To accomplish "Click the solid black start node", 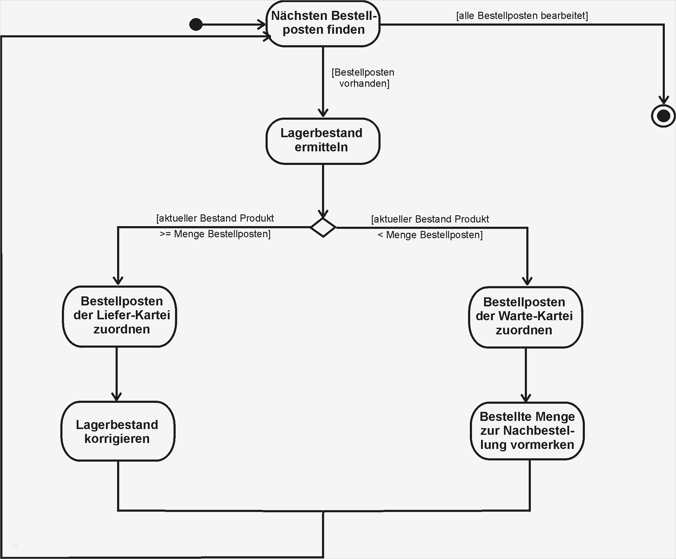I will pos(196,24).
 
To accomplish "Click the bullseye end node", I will pos(663,116).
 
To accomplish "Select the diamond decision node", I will pos(323,227).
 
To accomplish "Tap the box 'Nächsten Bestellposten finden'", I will pos(323,23).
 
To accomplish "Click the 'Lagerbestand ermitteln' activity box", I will pos(323,141).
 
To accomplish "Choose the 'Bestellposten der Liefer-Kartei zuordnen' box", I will pos(120,316).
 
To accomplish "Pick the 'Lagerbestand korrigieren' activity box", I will pos(118,431).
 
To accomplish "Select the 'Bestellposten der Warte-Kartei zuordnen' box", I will pos(525,317).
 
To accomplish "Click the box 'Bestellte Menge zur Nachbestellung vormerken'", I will pos(527,431).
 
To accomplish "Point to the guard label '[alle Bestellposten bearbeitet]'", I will pos(522,16).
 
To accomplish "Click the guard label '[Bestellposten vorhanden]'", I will pos(363,78).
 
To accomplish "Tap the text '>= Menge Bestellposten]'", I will pos(215,234).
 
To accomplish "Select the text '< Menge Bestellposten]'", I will pos(430,235).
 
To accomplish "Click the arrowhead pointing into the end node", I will pos(663,100).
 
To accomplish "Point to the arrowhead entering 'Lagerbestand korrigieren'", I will pos(116,396).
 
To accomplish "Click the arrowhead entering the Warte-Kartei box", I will pos(527,281).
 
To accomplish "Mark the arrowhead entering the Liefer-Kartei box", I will pos(118,280).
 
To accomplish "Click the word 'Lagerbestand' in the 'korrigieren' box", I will pos(117,425).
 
